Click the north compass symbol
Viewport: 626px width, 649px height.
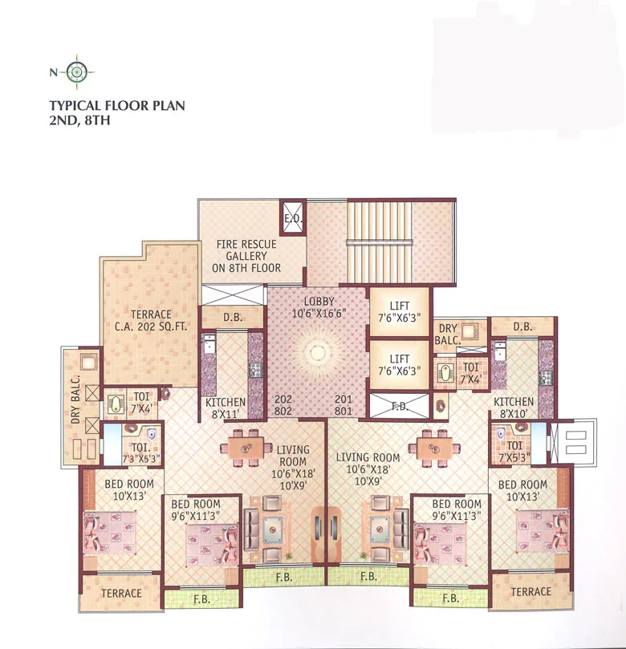point(77,72)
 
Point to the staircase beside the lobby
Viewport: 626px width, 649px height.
point(380,240)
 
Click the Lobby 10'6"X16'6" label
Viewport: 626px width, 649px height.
point(315,307)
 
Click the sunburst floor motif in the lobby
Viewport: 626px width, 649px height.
point(315,355)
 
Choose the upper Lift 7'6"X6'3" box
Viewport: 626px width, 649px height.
point(399,312)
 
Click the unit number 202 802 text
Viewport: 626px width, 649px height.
point(283,405)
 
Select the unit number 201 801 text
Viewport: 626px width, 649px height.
point(343,405)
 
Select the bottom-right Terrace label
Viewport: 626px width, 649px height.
point(531,592)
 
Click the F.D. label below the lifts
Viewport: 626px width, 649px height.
point(399,407)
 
